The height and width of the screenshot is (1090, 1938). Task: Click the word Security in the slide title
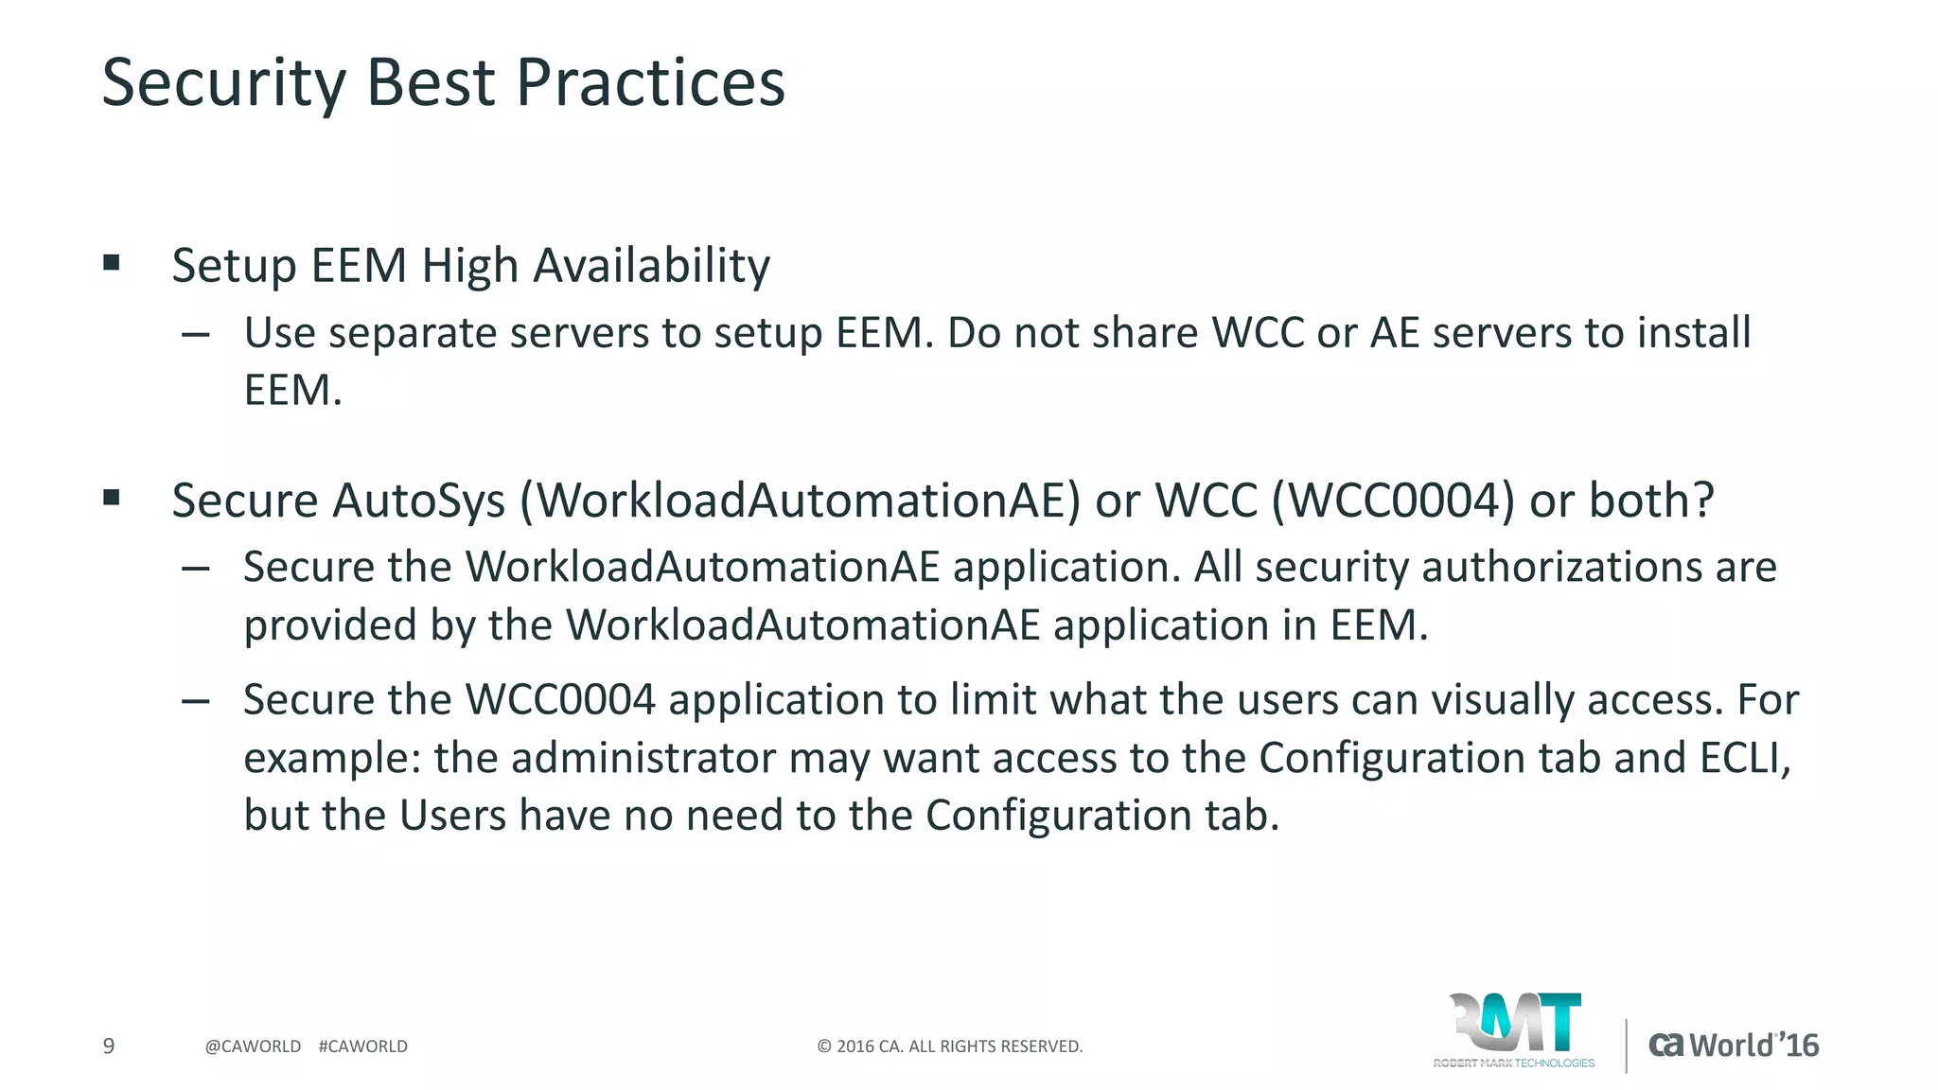(223, 83)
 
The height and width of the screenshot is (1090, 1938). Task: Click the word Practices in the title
(650, 83)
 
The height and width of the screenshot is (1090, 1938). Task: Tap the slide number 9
(109, 1046)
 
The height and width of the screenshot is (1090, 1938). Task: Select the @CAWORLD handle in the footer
(253, 1046)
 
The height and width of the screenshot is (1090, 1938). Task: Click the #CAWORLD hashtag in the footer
(363, 1046)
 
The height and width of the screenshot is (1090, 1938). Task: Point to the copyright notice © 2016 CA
(949, 1046)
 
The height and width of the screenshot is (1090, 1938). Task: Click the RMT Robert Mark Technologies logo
(1514, 1030)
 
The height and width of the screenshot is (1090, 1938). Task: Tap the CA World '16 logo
(1734, 1046)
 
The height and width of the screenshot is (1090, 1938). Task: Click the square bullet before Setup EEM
(112, 263)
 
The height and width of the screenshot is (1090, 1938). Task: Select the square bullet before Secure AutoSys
(112, 498)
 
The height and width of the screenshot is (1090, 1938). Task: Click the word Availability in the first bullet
(652, 266)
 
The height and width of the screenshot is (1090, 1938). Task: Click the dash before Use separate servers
(196, 334)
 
